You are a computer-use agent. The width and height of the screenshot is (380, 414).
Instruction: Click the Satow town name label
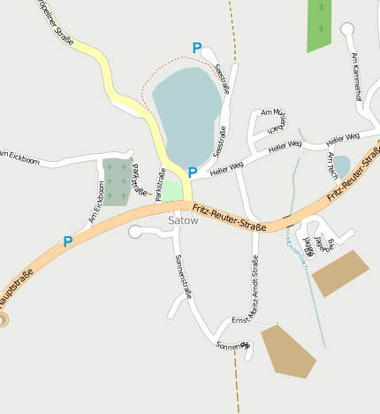click(183, 221)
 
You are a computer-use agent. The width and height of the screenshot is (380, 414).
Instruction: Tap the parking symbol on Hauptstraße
click(68, 241)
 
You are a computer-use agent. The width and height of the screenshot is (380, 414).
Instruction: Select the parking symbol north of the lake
click(196, 47)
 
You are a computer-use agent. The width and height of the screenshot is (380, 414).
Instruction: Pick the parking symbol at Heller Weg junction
click(192, 172)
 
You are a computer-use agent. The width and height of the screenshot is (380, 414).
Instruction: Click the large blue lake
click(186, 111)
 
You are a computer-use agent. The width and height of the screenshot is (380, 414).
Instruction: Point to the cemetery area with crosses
click(115, 181)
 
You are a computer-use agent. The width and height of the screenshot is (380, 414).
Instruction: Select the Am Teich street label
click(331, 165)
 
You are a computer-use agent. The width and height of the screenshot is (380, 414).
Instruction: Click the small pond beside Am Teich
click(341, 165)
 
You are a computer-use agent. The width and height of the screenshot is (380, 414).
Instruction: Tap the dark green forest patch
click(319, 24)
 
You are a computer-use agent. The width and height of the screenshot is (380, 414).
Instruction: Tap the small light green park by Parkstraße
click(172, 190)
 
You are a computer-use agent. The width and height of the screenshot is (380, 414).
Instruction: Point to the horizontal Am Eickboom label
click(19, 159)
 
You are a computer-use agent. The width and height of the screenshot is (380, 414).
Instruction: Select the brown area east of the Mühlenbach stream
click(339, 272)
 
